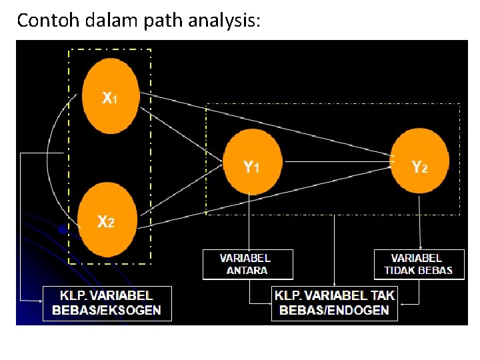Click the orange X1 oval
109,97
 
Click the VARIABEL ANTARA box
247,264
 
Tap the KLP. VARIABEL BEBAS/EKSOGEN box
107,303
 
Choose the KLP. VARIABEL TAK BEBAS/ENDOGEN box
334,303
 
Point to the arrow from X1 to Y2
267,124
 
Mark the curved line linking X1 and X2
48,160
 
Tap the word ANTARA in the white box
247,271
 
